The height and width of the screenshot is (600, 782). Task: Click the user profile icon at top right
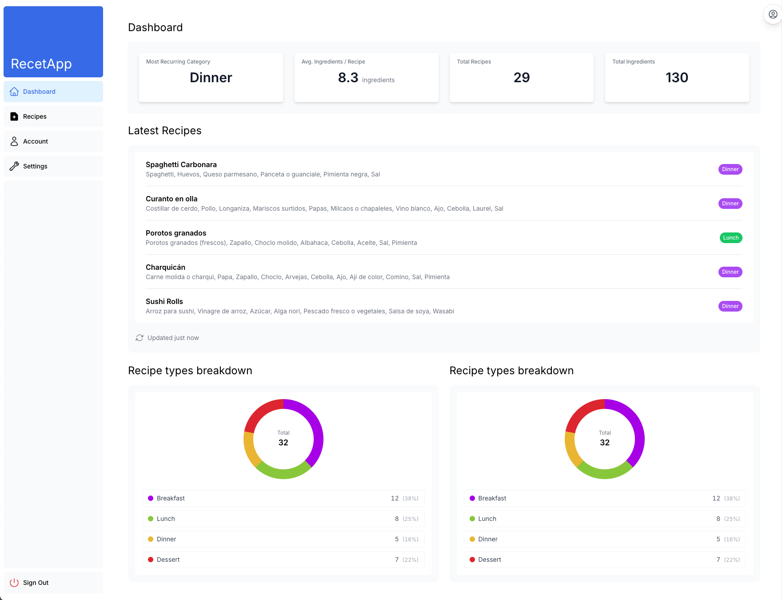(x=773, y=14)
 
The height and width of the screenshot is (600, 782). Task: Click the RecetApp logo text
(x=41, y=64)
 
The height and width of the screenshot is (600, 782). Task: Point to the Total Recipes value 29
(x=522, y=78)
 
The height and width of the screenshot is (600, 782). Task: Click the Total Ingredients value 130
(x=677, y=78)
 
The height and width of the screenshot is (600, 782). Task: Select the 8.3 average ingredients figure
(x=348, y=78)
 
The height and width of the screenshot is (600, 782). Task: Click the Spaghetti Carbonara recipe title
(x=181, y=164)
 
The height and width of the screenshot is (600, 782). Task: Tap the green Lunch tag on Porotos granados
(x=731, y=238)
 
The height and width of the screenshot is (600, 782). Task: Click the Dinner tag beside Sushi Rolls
(x=730, y=306)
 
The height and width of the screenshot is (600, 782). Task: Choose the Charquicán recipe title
(x=165, y=267)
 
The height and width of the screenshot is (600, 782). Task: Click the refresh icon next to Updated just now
(x=140, y=338)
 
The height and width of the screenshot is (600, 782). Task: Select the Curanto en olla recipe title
(x=172, y=199)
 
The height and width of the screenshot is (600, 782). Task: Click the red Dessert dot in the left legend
(x=151, y=560)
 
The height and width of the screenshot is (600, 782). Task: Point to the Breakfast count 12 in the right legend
(x=716, y=498)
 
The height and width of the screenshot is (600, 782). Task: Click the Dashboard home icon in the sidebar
(x=14, y=92)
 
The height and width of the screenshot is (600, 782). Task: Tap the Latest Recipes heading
(x=165, y=131)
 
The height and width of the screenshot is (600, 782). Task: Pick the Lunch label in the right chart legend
(x=487, y=519)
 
